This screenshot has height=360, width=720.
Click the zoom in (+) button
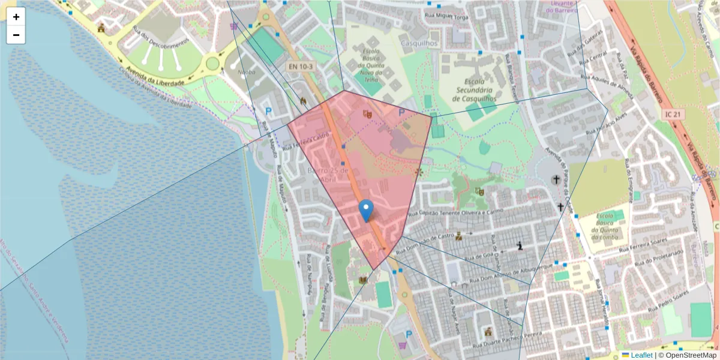click(16, 17)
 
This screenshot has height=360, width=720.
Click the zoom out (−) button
click(16, 35)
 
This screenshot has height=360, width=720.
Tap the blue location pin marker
click(366, 212)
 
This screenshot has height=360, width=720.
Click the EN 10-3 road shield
click(299, 67)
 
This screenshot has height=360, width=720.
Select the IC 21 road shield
click(673, 113)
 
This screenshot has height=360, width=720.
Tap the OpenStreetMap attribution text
click(687, 355)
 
